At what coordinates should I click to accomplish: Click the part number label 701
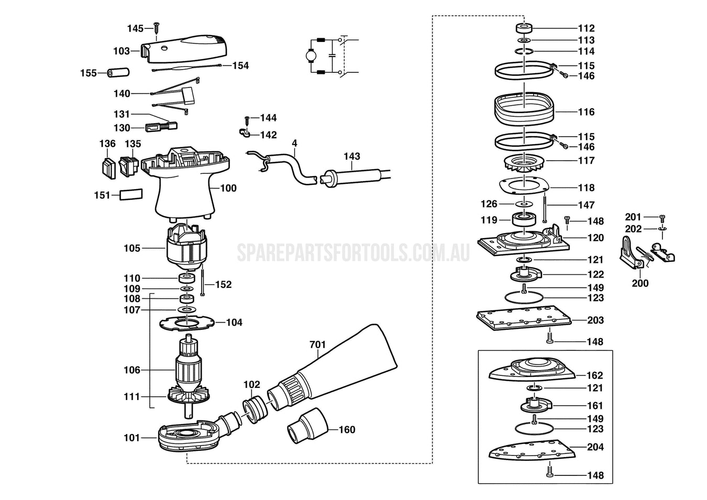317,345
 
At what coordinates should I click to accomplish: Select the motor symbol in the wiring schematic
310,55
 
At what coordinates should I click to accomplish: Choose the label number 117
586,161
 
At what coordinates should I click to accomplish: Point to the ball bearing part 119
524,218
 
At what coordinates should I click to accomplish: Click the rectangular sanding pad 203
524,319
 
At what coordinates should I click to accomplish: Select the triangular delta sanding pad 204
529,450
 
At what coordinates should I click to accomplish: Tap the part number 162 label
594,375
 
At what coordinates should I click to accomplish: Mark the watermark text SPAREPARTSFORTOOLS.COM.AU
353,252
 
